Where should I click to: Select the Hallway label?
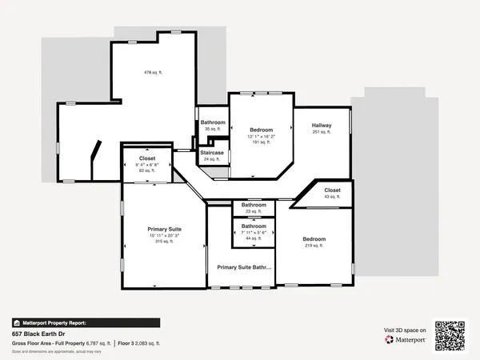[x=322, y=126]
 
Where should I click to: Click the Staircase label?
[x=212, y=152]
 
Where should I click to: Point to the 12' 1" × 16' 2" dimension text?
[x=261, y=137]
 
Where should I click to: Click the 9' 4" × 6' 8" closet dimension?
[x=147, y=165]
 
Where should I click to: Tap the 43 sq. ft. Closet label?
[x=332, y=197]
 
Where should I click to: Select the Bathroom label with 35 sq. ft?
[x=213, y=122]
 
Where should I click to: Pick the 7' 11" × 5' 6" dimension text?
[x=254, y=232]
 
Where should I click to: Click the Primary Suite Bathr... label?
[x=244, y=267]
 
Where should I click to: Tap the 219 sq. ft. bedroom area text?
[x=314, y=246]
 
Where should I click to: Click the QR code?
[x=450, y=335]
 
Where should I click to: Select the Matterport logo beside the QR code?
[x=404, y=339]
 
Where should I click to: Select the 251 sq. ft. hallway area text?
[x=322, y=132]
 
